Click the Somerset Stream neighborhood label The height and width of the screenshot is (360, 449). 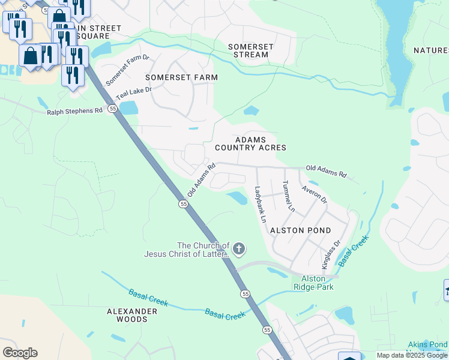(250, 51)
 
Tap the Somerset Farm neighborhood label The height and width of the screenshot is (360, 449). (181, 77)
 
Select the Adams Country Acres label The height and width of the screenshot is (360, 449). (250, 143)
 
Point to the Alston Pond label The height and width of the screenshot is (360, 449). (300, 230)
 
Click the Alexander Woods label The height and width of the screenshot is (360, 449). (136, 315)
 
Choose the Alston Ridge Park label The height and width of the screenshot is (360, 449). (313, 283)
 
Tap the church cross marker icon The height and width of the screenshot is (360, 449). (239, 248)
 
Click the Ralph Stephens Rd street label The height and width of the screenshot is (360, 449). (75, 111)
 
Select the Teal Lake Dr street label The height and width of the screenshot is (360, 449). (133, 93)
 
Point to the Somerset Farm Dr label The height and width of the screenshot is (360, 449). (127, 70)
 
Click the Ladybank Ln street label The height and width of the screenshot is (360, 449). (260, 204)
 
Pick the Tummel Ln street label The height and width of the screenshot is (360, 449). (288, 196)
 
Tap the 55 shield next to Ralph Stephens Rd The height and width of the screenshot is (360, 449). (112, 109)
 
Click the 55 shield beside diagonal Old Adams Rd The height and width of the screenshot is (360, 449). (183, 205)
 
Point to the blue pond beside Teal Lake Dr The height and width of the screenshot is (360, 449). (128, 108)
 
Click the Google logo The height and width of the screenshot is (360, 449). (20, 352)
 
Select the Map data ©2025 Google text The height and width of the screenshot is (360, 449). (412, 355)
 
